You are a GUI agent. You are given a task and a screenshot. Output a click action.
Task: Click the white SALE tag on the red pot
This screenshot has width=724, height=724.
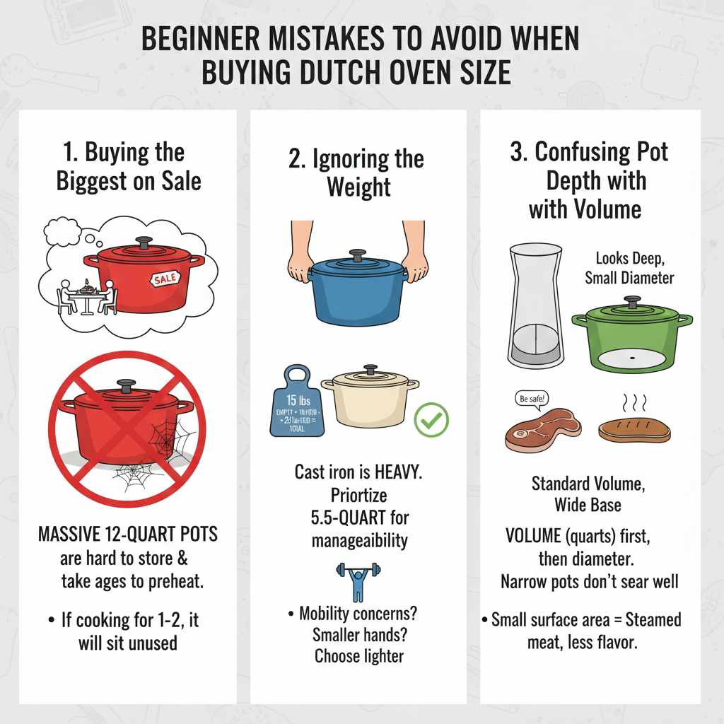[x=165, y=279]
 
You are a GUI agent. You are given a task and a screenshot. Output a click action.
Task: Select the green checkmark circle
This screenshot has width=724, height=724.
[x=431, y=420]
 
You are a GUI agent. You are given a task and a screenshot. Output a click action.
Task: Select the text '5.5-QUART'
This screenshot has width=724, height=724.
[x=359, y=518]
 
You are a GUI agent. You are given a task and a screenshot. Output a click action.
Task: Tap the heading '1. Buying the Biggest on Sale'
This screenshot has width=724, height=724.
[x=129, y=166]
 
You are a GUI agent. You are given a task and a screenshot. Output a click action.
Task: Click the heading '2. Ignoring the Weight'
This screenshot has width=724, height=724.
[x=356, y=173]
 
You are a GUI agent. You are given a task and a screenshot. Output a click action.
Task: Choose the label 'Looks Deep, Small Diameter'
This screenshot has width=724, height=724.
[x=629, y=269]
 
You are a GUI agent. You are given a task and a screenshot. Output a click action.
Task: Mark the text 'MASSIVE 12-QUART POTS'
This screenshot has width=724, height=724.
[x=128, y=534]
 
